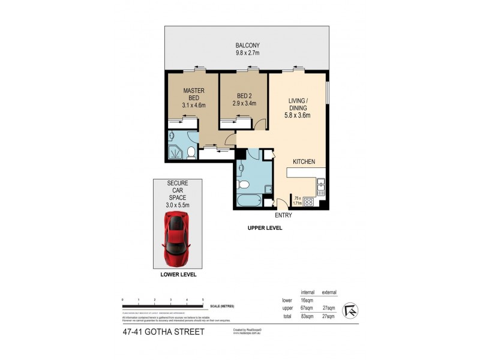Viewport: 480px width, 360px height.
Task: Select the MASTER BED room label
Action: tap(194, 98)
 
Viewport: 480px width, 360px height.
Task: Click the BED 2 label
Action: tap(244, 98)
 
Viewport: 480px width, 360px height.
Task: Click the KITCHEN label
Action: tap(304, 162)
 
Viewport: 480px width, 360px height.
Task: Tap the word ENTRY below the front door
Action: tap(283, 215)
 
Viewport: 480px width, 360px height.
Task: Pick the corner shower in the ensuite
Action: tap(176, 152)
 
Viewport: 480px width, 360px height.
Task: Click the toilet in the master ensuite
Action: tap(191, 152)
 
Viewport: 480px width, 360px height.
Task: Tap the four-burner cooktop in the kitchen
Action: tap(310, 202)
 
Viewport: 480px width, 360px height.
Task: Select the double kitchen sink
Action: tap(321, 187)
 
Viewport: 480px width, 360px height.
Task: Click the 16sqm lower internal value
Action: tap(307, 301)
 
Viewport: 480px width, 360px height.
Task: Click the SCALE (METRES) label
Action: tap(222, 306)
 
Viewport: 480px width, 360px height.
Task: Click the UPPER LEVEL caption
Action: tap(265, 229)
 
